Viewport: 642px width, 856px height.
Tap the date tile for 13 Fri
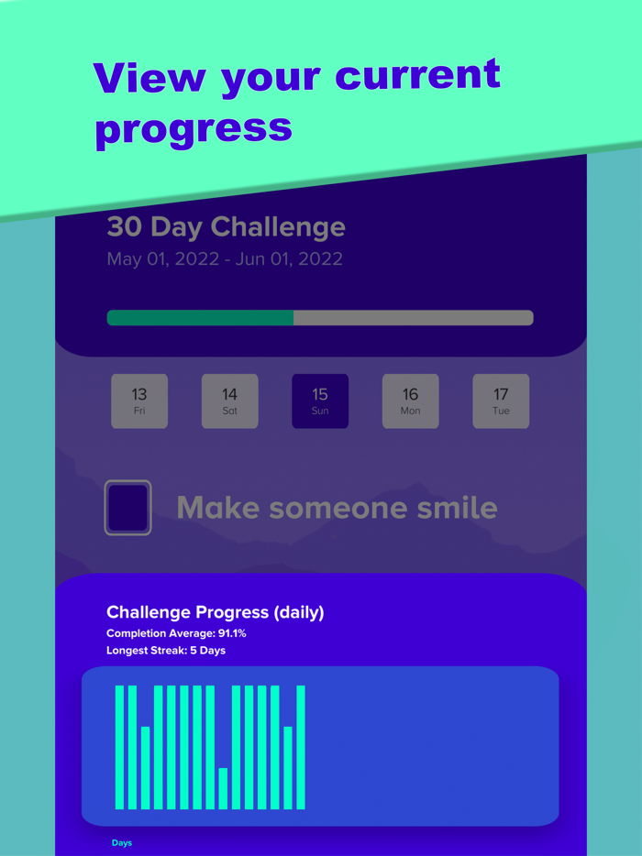[x=139, y=401]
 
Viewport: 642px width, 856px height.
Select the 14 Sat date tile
[x=229, y=401]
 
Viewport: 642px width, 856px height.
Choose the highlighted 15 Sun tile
[x=320, y=401]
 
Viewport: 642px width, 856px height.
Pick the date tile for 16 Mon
[x=410, y=401]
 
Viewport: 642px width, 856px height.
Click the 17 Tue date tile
[x=501, y=401]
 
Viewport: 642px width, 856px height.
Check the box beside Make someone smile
[x=127, y=508]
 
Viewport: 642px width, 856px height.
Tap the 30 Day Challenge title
[x=226, y=227]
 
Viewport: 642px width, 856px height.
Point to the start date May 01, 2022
[x=162, y=259]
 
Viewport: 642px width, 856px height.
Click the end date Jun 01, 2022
[x=289, y=259]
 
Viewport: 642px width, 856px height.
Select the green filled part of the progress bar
[x=200, y=318]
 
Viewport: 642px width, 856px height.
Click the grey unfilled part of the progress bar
[x=413, y=318]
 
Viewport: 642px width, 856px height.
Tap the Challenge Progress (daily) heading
[x=215, y=612]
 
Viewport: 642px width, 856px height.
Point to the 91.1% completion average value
[x=229, y=633]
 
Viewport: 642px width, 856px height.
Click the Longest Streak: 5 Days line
[x=166, y=651]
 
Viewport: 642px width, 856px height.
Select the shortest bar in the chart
[x=223, y=788]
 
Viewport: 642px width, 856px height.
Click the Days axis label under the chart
[x=122, y=843]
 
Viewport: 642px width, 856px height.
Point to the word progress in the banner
[x=194, y=129]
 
